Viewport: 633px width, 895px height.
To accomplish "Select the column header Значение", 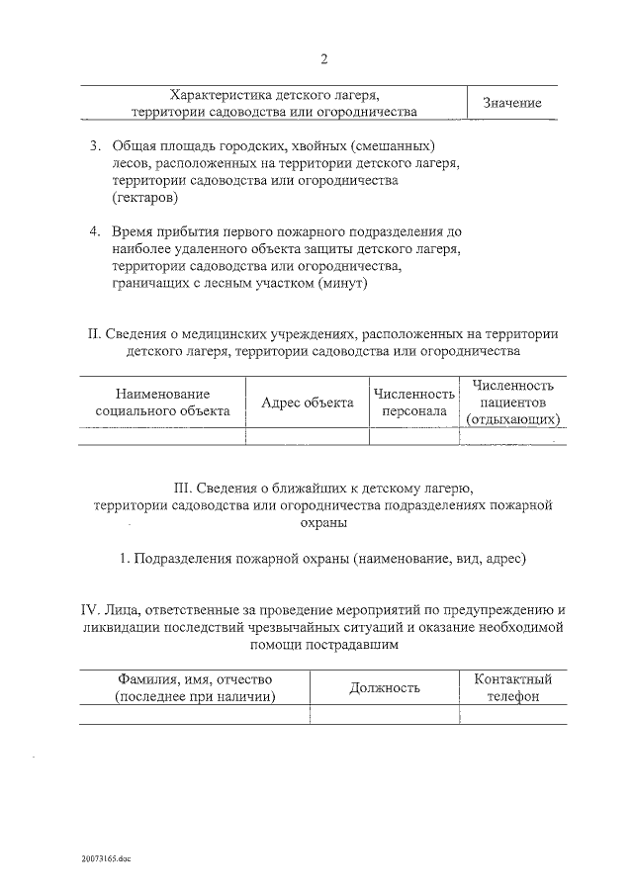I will click(511, 103).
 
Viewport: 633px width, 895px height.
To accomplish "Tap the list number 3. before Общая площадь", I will click(95, 146).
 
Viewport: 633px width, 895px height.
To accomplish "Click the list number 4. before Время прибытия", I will click(95, 231).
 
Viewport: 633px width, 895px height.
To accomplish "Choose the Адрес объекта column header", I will click(307, 403).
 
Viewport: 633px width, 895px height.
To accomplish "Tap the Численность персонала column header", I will click(413, 403).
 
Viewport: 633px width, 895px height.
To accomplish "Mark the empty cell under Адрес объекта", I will click(307, 436).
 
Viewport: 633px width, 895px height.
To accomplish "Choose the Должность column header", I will click(385, 687).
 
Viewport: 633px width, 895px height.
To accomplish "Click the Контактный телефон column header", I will click(512, 687).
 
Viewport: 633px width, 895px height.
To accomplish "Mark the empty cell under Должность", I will click(385, 715).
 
